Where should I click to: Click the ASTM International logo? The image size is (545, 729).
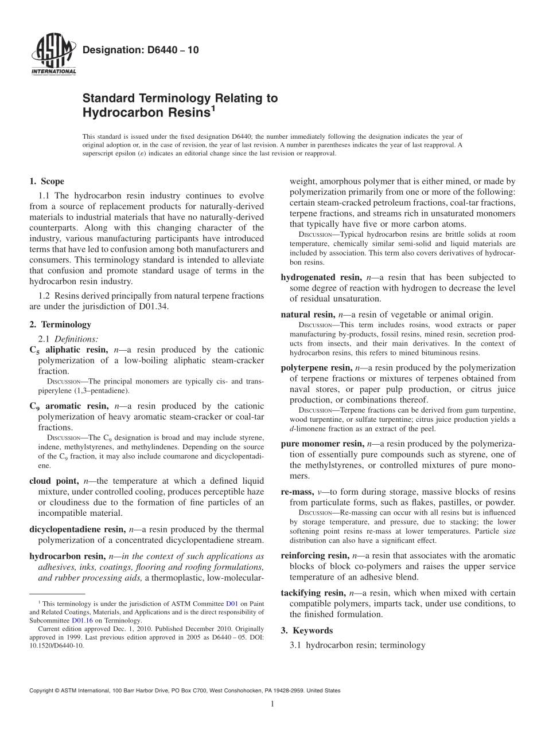[53, 56]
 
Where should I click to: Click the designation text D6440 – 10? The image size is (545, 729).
[141, 50]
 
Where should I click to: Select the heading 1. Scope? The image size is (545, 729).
[46, 182]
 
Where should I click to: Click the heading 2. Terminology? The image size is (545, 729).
[60, 324]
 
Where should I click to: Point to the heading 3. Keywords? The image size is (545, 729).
[306, 630]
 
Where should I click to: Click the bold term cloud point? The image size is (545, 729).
[53, 481]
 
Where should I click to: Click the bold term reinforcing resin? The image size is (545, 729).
[314, 555]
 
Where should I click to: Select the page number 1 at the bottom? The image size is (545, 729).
[272, 704]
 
